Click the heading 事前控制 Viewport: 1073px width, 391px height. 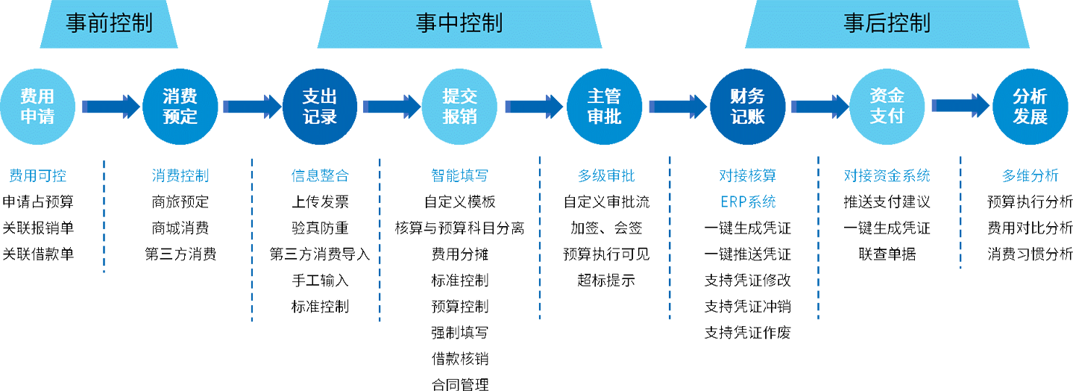coord(109,23)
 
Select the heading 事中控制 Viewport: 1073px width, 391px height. coord(459,23)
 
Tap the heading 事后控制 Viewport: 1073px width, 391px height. coord(887,23)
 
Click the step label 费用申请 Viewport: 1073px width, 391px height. coord(37,106)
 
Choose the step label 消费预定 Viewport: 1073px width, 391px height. coord(180,106)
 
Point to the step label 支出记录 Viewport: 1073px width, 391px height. coord(320,106)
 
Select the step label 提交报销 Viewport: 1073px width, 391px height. coord(459,106)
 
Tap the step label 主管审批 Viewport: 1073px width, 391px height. coord(604,106)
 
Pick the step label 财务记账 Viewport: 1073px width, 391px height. coord(747,106)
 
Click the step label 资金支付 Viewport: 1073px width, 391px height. coord(887,106)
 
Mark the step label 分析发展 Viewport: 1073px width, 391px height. coord(1030,106)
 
